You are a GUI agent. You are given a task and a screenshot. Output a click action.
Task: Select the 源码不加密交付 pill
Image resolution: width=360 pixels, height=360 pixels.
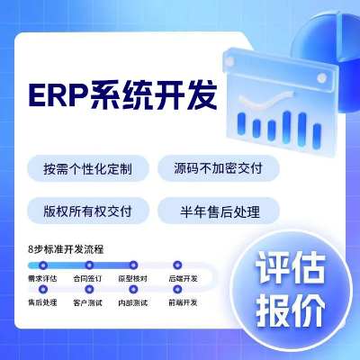coord(218,168)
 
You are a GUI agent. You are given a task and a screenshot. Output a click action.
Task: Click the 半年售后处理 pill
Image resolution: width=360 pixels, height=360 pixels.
coord(218,212)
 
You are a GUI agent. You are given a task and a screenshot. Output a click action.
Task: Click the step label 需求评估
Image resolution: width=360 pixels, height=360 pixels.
coord(42,279)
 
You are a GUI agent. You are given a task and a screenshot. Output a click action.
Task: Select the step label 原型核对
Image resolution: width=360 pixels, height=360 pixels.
coord(135,279)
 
